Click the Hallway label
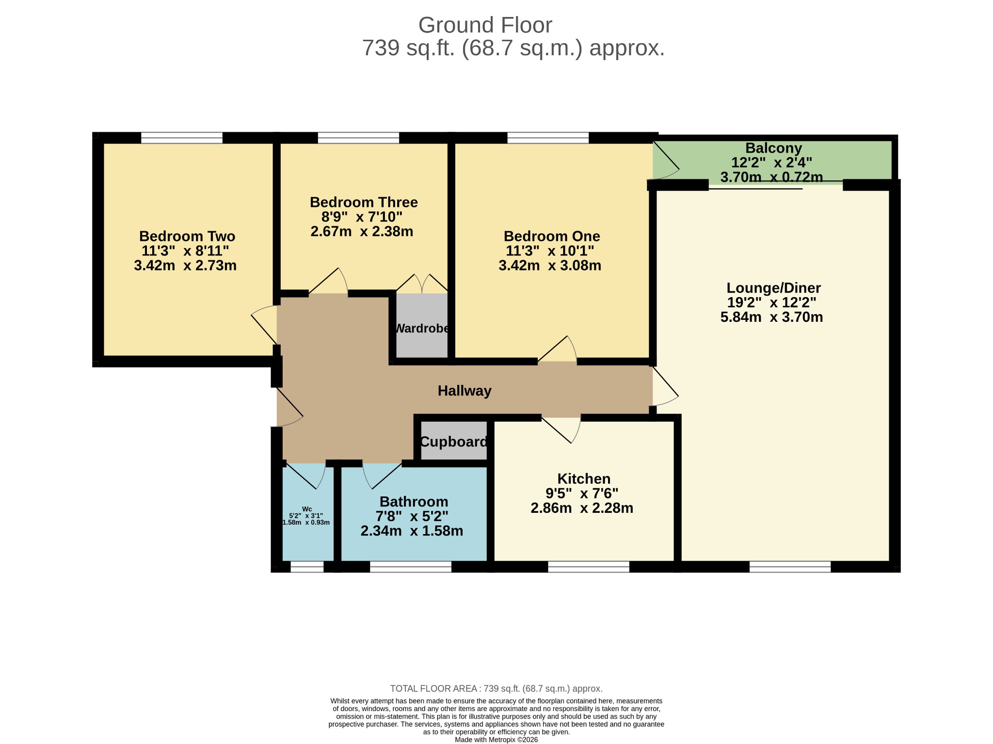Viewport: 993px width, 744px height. click(464, 391)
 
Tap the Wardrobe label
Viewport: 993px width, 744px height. click(422, 329)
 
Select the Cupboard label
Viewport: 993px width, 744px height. click(453, 442)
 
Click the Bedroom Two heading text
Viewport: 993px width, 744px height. click(187, 237)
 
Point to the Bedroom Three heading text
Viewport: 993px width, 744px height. click(364, 202)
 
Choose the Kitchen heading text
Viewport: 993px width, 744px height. click(584, 479)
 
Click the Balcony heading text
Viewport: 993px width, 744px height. click(773, 148)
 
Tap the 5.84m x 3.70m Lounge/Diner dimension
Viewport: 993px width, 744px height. click(771, 317)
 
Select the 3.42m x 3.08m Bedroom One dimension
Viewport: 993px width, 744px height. click(550, 266)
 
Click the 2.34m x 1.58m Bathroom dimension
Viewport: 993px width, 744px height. click(412, 531)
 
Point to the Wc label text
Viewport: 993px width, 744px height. click(307, 509)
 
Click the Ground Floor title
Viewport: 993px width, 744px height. click(485, 25)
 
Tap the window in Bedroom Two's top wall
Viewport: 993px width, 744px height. click(182, 138)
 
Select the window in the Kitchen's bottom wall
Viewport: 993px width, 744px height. click(589, 567)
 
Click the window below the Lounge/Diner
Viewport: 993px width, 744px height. click(790, 567)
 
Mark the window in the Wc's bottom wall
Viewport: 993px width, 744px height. click(307, 567)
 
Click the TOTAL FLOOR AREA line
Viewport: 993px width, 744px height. click(496, 689)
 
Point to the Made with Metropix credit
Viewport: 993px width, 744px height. click(496, 740)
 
